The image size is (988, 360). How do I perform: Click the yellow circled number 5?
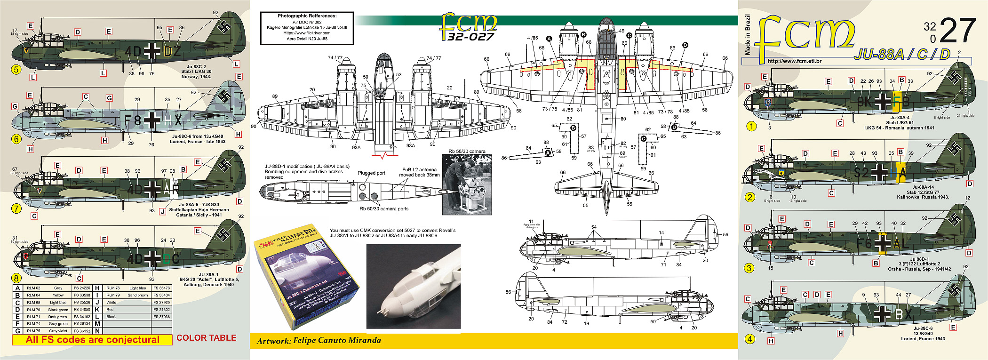(16, 70)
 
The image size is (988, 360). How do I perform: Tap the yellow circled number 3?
(749, 268)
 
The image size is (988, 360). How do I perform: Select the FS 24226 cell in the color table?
(81, 288)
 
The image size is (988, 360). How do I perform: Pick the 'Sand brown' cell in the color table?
(137, 296)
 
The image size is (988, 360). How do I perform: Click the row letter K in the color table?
(97, 310)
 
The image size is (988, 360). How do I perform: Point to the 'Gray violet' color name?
(58, 331)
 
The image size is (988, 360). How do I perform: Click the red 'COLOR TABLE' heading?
(206, 338)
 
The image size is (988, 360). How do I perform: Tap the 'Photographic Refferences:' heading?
(307, 16)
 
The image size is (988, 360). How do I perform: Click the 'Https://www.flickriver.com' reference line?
(307, 33)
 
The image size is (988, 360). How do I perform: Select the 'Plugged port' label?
(371, 173)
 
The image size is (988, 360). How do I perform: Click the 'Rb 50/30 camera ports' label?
(384, 209)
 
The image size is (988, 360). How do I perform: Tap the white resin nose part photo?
(413, 286)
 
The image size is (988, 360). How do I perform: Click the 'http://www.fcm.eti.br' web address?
(794, 61)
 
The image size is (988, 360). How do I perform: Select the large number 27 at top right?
(958, 31)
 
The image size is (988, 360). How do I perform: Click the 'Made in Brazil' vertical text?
(748, 35)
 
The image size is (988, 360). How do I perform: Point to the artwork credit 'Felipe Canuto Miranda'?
(337, 340)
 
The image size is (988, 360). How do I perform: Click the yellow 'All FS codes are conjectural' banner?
(92, 340)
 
